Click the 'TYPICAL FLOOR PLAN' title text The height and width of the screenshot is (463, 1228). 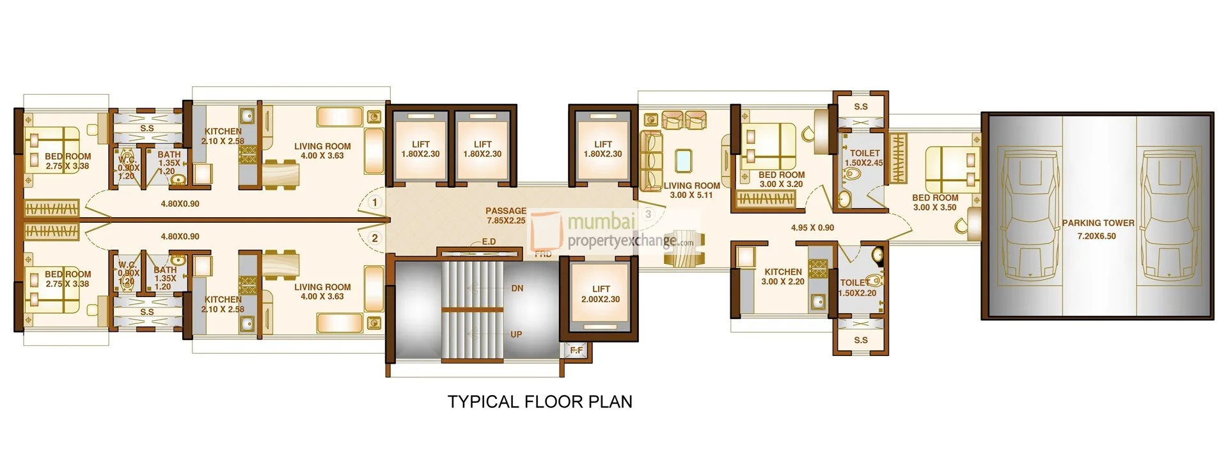540,402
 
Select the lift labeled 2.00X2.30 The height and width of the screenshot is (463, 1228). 600,294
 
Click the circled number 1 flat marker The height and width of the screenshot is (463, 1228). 375,202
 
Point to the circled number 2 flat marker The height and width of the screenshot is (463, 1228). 375,238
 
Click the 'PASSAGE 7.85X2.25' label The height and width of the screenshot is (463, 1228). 506,215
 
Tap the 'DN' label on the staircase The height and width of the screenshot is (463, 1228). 517,288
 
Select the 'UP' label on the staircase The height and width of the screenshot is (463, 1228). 516,334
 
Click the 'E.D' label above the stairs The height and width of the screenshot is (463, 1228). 489,241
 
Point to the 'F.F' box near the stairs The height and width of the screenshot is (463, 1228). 576,350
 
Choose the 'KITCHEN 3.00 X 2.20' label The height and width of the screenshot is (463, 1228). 783,277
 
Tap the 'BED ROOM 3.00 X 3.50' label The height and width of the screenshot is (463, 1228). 934,202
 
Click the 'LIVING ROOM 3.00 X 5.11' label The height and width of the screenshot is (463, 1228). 691,190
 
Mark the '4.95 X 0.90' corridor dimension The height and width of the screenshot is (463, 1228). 812,227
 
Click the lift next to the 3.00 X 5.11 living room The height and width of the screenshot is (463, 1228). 602,149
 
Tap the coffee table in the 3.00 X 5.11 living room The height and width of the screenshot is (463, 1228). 683,160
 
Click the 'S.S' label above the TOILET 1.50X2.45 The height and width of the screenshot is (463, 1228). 860,106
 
